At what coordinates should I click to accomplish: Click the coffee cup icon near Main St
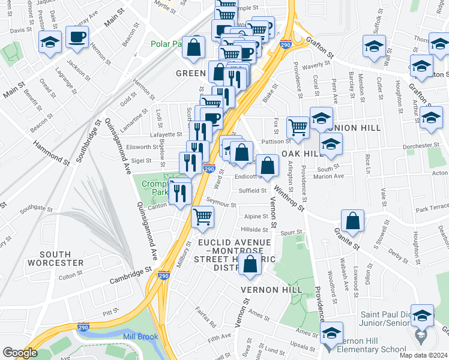tap(77, 37)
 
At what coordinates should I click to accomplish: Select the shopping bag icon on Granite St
tap(354, 220)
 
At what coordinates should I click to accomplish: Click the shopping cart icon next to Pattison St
tap(298, 127)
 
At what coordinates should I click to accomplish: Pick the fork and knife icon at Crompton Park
tap(180, 192)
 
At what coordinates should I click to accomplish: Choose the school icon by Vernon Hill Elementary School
tap(331, 334)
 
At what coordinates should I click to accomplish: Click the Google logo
tap(20, 353)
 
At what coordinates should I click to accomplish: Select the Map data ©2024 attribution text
tap(423, 355)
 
